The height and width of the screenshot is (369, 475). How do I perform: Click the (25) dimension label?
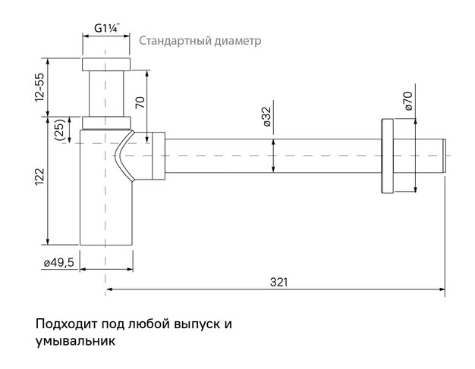58,130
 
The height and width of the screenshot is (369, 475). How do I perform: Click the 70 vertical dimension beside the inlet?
140,102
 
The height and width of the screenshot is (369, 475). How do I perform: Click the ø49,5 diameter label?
58,262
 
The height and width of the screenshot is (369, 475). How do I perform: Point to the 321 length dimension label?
279,282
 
